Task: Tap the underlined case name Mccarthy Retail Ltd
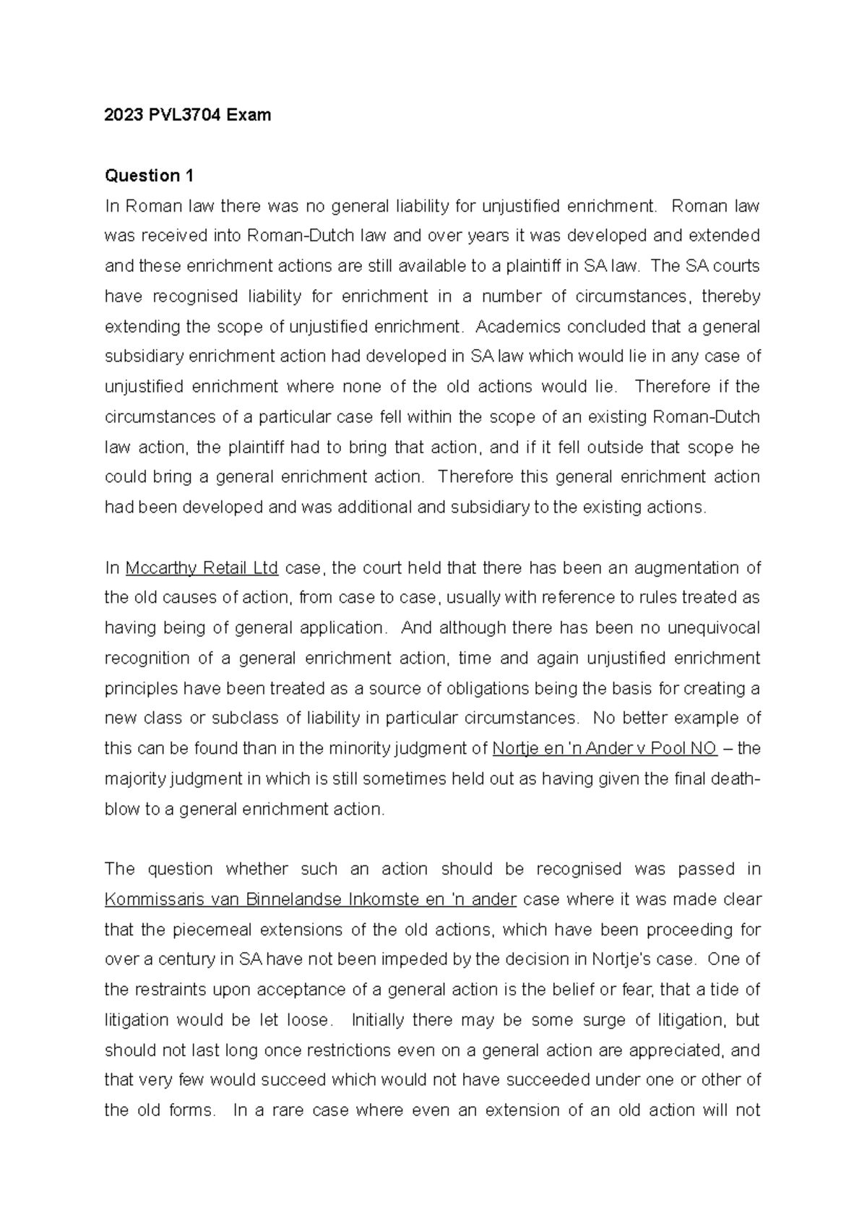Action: click(202, 568)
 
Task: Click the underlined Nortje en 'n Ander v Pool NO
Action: click(604, 749)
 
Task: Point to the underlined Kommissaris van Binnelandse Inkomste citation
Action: click(310, 900)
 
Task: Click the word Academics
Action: click(518, 327)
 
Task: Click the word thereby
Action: click(730, 296)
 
